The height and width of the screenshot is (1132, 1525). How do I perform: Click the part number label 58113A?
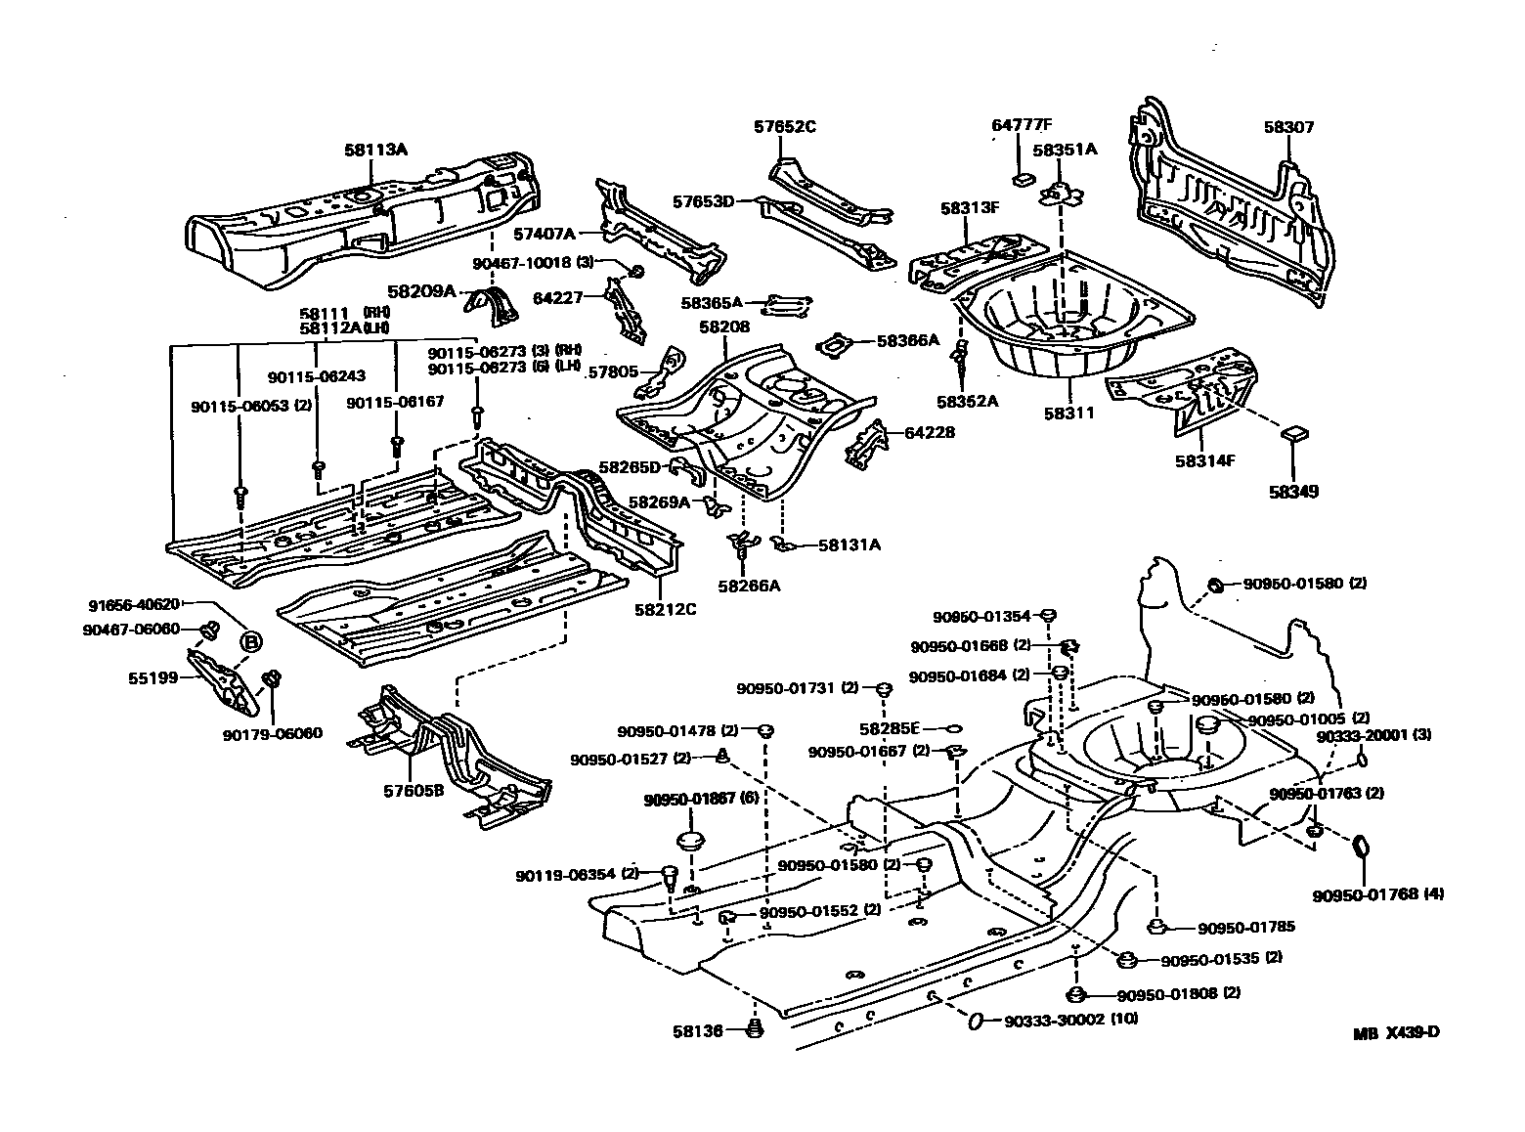point(375,150)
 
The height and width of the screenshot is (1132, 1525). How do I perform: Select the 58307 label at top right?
point(1288,127)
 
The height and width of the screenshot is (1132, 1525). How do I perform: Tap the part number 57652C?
point(784,126)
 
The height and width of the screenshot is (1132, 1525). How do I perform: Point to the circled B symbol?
point(251,641)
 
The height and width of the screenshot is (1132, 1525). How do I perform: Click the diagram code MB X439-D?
point(1397,1033)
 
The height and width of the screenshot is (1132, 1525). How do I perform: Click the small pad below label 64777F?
point(1023,178)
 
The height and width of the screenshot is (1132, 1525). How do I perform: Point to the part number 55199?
point(154,676)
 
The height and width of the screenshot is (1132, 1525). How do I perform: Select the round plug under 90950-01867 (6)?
point(692,843)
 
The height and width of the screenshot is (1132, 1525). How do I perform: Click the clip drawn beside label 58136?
point(754,1027)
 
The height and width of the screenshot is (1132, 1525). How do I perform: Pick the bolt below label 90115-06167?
point(396,445)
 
